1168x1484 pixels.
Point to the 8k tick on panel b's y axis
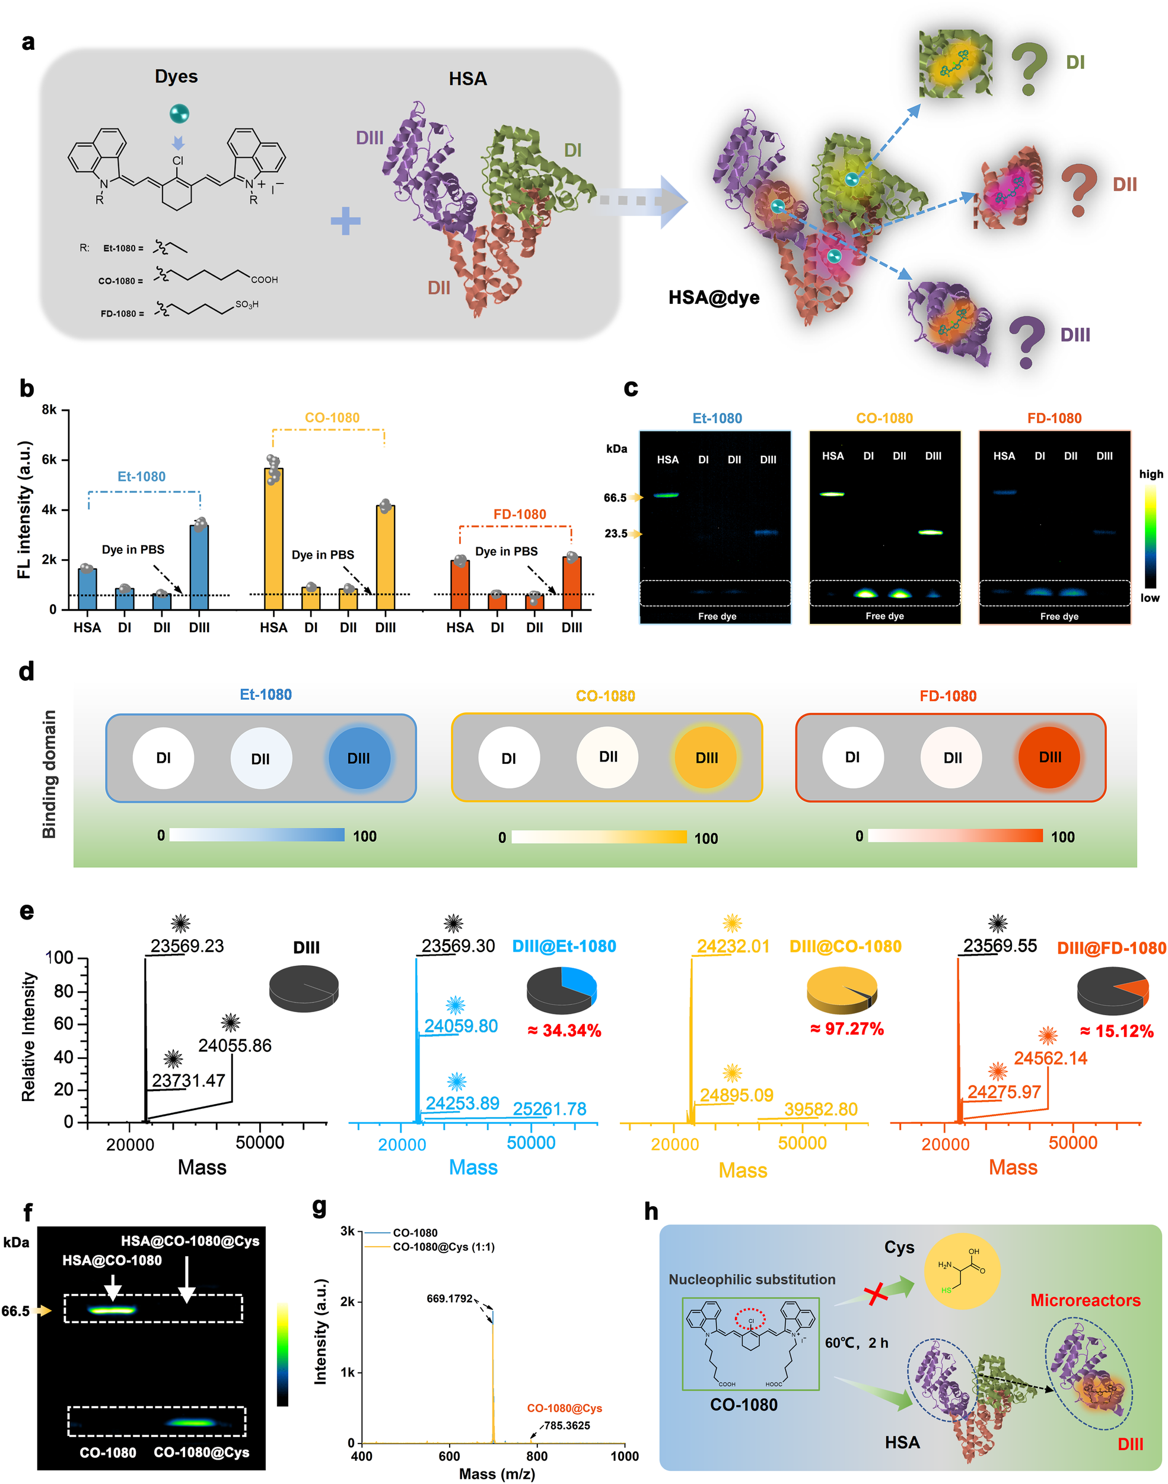tap(49, 410)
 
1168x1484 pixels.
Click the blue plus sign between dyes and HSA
tap(345, 220)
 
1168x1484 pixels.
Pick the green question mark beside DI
tap(1029, 68)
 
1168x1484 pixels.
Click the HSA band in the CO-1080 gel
tap(832, 494)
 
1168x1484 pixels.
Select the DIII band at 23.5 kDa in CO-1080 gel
tap(931, 532)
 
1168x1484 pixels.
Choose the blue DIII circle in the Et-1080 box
tap(359, 758)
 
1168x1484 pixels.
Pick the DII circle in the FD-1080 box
tap(952, 758)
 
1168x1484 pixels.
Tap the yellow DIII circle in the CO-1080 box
tap(706, 758)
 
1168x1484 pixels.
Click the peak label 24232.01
tap(733, 946)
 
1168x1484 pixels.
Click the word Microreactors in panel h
tap(1086, 1300)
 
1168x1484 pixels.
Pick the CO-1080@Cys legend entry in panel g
tap(443, 1247)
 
